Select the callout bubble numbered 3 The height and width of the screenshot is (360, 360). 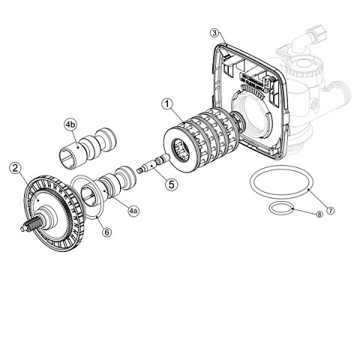[215, 33]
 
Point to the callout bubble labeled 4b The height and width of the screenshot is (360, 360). [70, 123]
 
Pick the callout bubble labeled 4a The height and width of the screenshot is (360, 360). [133, 212]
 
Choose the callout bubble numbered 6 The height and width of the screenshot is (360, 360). [107, 232]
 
